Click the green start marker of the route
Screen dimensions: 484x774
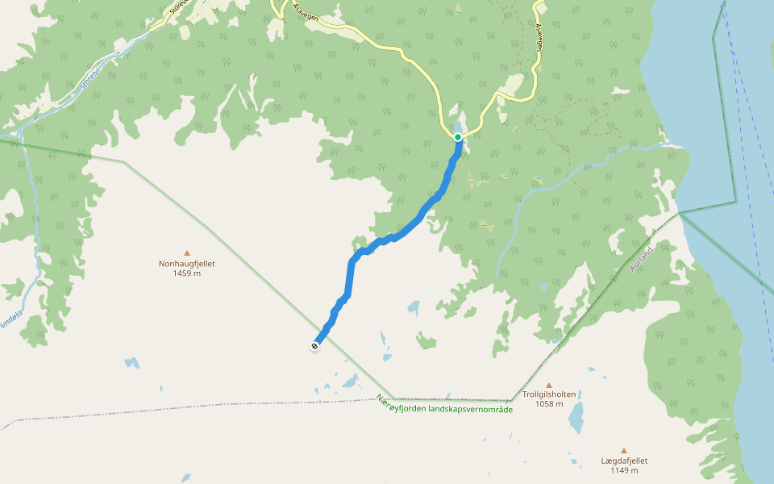(x=458, y=137)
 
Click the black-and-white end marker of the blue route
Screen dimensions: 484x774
(x=314, y=346)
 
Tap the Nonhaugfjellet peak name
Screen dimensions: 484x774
(x=187, y=264)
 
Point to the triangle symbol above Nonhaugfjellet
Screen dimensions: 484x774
(x=187, y=252)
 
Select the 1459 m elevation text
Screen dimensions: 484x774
(x=187, y=273)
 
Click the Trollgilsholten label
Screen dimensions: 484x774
(x=549, y=394)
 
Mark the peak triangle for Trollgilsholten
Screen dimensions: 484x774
(x=549, y=385)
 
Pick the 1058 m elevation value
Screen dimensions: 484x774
(x=549, y=404)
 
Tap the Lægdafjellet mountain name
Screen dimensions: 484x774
(x=624, y=461)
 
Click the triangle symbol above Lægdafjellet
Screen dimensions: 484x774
(x=623, y=451)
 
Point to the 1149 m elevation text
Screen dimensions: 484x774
(x=624, y=471)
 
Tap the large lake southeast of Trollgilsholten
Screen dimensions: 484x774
(x=576, y=418)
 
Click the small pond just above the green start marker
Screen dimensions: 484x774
(x=459, y=127)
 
